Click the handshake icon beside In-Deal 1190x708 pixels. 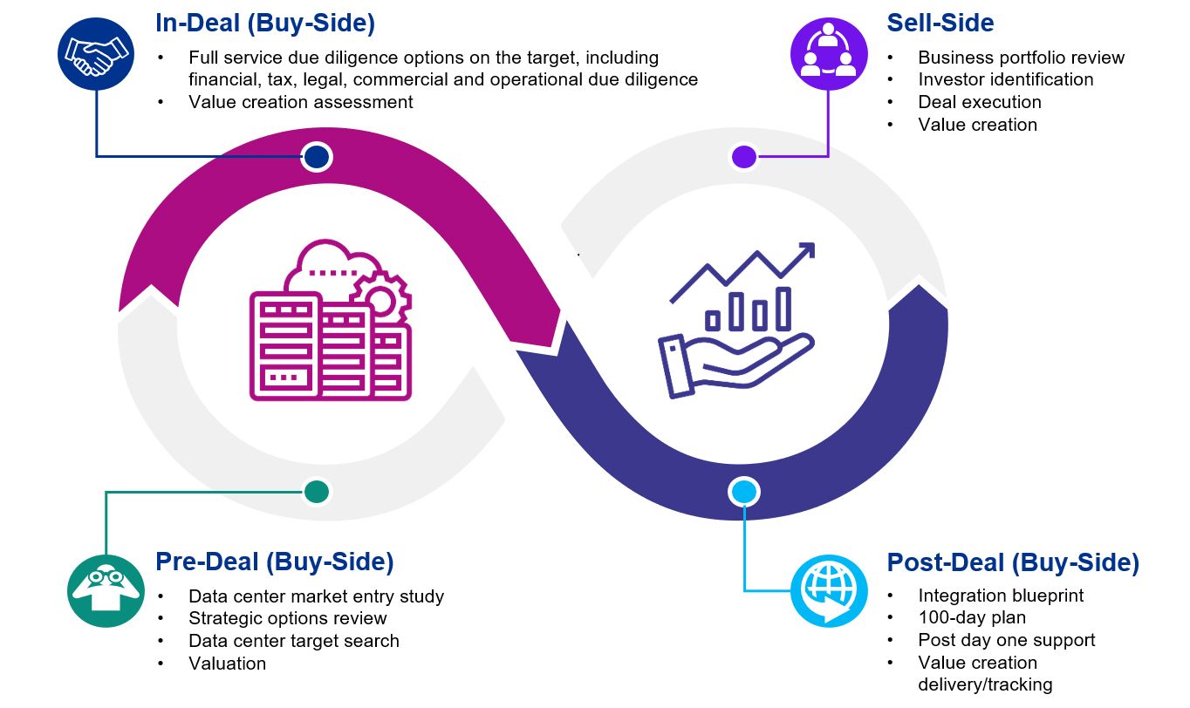click(x=97, y=54)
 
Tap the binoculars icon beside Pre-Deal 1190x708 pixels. click(x=106, y=589)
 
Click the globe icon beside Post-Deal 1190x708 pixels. click(x=828, y=590)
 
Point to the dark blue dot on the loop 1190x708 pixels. click(x=317, y=157)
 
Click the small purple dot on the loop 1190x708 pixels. click(x=743, y=157)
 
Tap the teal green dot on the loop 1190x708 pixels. click(x=317, y=492)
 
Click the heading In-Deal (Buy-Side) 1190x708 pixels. click(x=265, y=24)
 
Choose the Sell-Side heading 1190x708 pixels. click(x=940, y=24)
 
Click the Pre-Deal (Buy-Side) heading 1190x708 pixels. click(x=274, y=562)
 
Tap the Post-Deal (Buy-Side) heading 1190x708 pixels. click(x=1013, y=562)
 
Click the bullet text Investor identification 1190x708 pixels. click(x=1005, y=79)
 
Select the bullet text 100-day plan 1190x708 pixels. click(x=971, y=618)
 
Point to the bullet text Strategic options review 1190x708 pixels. click(x=287, y=618)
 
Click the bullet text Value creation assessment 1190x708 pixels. click(x=300, y=102)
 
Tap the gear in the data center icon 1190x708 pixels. click(x=380, y=300)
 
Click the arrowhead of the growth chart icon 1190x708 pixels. click(x=805, y=251)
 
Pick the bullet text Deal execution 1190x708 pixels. click(x=979, y=102)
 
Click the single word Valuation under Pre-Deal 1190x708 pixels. click(x=227, y=664)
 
